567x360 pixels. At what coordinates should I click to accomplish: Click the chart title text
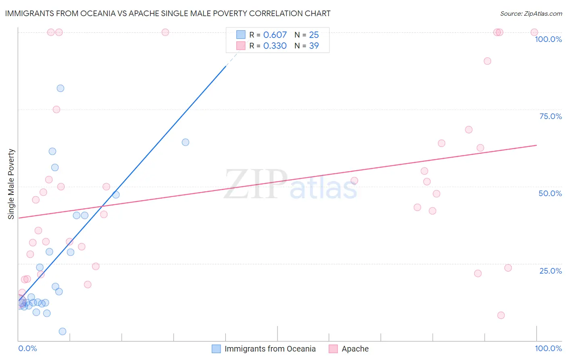coord(167,13)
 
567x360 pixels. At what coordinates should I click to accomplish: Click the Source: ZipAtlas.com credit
coord(531,13)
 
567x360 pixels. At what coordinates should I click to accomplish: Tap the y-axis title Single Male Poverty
coord(11,184)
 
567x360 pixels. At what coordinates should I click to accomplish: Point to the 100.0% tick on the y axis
coord(548,39)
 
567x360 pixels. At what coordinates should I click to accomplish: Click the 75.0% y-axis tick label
coord(550,116)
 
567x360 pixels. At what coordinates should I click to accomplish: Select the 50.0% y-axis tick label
coord(550,193)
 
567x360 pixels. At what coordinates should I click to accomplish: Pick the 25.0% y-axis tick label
coord(550,271)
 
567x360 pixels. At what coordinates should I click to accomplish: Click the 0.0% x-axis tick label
coord(27,348)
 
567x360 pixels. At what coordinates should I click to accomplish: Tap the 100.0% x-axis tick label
coord(548,348)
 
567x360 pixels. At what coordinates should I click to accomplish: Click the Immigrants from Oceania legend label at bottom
coord(270,349)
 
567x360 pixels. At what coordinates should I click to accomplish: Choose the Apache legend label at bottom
coord(355,349)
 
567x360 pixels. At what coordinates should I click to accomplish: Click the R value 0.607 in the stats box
coord(275,35)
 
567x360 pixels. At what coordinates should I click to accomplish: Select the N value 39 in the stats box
coord(314,46)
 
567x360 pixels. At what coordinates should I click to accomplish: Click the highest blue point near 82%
coord(60,88)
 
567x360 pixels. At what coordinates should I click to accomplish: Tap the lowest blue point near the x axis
coord(63,331)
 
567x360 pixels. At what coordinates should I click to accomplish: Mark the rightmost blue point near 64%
coord(186,142)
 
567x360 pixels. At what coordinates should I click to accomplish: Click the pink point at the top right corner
coord(534,32)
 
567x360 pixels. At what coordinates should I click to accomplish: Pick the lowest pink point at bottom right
coord(501,315)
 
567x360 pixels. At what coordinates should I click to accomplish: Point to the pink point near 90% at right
coord(487,61)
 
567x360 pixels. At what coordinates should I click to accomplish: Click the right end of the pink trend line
coord(536,145)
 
